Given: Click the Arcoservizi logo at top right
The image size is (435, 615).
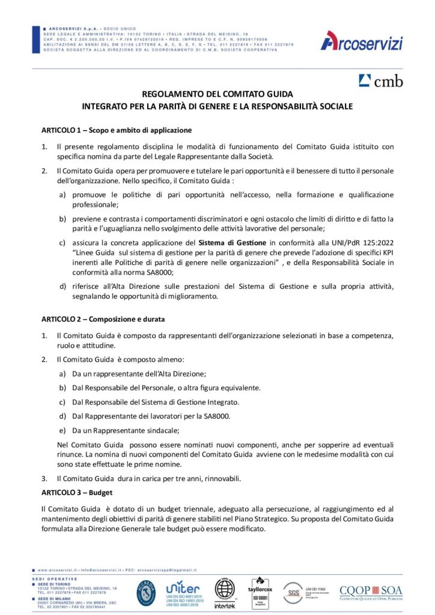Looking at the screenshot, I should [361, 41].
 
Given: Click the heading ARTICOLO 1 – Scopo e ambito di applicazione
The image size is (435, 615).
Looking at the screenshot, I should [116, 130].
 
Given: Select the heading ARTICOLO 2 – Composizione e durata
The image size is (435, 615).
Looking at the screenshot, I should [103, 319].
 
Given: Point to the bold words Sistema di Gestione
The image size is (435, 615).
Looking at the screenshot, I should [232, 243].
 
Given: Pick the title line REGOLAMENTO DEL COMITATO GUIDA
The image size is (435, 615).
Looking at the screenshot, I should [218, 94].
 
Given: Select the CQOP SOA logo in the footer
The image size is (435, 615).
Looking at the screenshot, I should [371, 592].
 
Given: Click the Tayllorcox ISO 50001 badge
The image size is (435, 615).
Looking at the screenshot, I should [261, 592].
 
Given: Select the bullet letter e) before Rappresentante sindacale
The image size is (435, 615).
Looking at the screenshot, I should [62, 431].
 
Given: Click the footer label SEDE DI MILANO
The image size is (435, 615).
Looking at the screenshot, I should [56, 599].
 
